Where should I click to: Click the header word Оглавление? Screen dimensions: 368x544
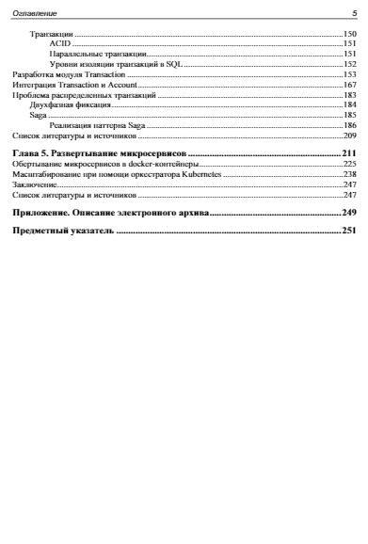(x=34, y=13)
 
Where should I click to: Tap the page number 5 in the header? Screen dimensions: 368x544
(x=353, y=13)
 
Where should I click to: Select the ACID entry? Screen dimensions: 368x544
(x=59, y=44)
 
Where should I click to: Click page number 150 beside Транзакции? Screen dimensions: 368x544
(x=349, y=34)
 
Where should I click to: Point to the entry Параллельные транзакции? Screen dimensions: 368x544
(x=98, y=55)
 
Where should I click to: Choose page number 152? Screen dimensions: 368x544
(x=349, y=64)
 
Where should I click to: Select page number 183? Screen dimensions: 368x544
(x=349, y=95)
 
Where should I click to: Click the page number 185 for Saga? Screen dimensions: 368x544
(x=349, y=115)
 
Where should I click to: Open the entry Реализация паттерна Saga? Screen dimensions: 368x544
(x=98, y=125)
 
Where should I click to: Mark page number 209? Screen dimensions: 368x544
(x=349, y=136)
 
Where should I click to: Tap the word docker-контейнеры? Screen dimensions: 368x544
(x=167, y=164)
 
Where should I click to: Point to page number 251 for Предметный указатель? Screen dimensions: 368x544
(x=348, y=230)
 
